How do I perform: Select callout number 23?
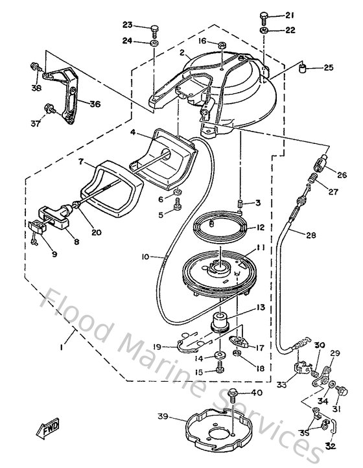pos(127,25)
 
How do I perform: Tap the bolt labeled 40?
pos(233,393)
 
